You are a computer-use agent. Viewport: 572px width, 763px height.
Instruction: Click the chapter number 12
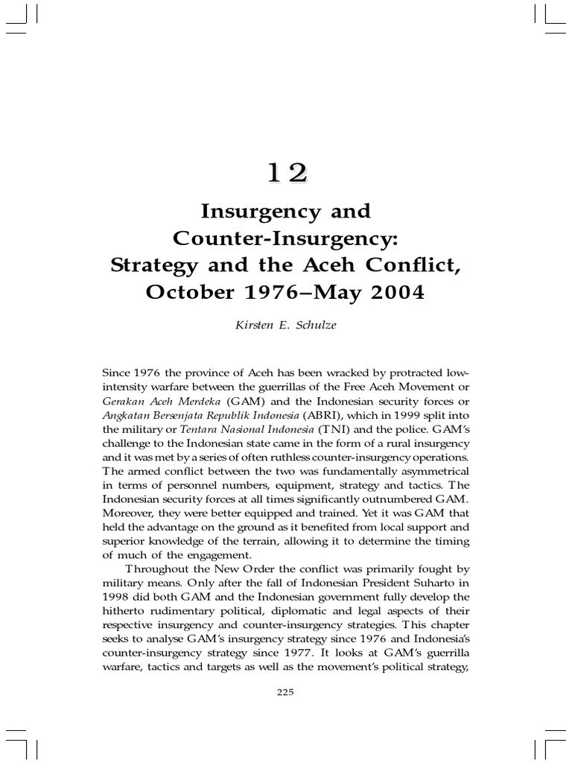click(x=287, y=173)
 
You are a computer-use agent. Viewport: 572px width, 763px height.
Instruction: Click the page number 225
click(x=286, y=691)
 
